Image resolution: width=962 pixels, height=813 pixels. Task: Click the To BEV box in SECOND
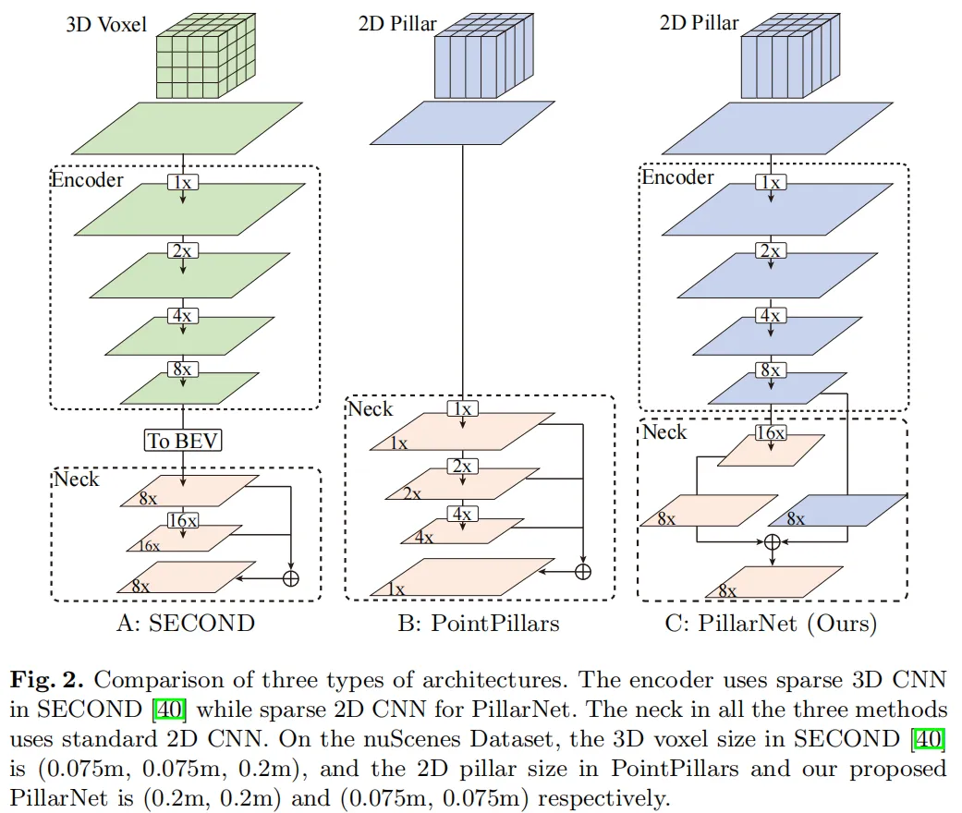pos(183,441)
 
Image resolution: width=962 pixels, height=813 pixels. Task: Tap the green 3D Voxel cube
pos(205,55)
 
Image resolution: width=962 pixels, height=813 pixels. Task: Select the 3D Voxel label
pos(106,25)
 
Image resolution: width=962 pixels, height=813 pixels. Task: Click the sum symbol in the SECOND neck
pos(291,578)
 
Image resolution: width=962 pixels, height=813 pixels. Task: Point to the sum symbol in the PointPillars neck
pos(583,572)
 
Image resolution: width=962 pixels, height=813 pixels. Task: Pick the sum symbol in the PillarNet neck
pos(773,542)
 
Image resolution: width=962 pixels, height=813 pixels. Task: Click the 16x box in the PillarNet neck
pos(771,433)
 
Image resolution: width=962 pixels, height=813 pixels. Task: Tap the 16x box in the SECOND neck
pos(183,521)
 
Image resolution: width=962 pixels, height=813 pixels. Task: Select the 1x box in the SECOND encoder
pos(183,182)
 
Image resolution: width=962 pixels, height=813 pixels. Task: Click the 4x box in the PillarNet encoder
pos(771,315)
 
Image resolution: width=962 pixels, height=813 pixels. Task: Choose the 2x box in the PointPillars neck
pos(462,467)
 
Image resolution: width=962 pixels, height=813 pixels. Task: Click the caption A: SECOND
pos(186,624)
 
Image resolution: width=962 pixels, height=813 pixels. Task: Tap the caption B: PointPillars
pos(479,624)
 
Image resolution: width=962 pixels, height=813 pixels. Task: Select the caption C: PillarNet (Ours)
pos(771,624)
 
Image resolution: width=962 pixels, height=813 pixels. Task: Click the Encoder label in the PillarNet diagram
pos(678,177)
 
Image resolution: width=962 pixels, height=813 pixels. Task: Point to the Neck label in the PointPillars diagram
pos(371,408)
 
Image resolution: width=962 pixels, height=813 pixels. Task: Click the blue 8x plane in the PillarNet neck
pos(837,511)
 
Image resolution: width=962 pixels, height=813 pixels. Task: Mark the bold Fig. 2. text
pos(46,681)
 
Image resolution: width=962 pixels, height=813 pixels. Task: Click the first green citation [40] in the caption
pos(169,710)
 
